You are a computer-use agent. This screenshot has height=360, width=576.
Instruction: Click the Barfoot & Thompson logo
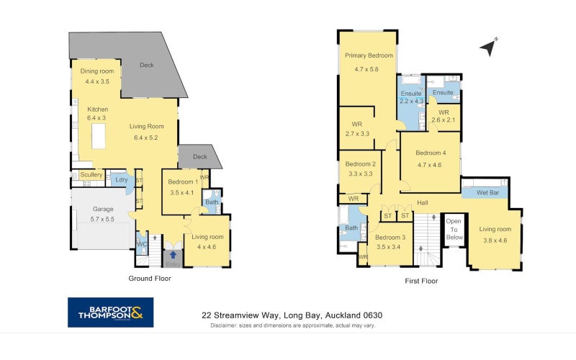111,312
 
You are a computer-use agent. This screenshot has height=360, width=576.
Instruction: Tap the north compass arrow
489,48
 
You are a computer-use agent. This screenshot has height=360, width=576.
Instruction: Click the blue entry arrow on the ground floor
173,255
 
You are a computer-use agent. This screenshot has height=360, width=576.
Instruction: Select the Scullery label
91,174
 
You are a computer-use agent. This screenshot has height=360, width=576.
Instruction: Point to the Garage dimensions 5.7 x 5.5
102,219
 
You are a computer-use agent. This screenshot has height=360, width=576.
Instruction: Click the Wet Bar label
488,192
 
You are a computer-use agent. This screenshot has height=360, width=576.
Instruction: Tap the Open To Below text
454,229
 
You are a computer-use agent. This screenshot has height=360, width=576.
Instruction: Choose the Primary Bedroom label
369,55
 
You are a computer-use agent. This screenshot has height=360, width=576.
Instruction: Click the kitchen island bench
99,136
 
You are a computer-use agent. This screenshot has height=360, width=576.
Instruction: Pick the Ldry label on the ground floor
121,179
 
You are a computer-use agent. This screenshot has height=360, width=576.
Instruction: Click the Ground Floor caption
150,279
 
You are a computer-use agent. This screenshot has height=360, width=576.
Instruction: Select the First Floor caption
421,281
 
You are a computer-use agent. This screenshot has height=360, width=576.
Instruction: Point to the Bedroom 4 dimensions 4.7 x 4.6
429,165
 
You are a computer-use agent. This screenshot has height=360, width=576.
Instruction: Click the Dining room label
97,71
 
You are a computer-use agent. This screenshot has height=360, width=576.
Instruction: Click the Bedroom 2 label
361,164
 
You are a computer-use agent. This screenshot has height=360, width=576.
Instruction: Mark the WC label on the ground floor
142,244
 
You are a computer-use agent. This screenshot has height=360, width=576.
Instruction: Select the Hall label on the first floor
423,202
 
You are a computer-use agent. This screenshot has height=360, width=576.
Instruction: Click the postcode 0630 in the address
372,315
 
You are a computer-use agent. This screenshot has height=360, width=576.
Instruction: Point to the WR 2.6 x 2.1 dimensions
444,120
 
